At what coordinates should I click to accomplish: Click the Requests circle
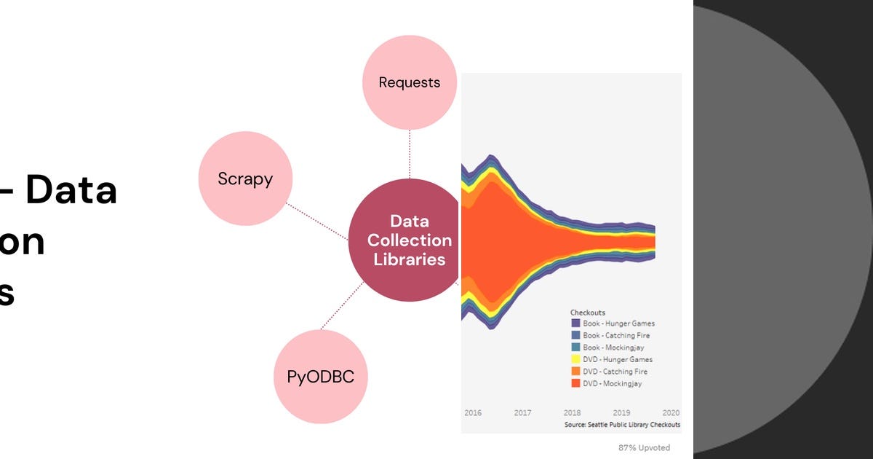pyautogui.click(x=410, y=82)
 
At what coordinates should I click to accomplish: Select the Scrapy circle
pyautogui.click(x=245, y=178)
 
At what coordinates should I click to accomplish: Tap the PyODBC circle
pyautogui.click(x=321, y=377)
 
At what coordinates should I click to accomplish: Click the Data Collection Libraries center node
pyautogui.click(x=409, y=240)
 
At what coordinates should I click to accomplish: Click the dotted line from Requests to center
pyautogui.click(x=410, y=154)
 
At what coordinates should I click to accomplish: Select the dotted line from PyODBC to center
pyautogui.click(x=341, y=306)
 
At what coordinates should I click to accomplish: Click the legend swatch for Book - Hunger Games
pyautogui.click(x=575, y=323)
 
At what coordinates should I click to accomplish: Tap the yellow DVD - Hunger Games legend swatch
pyautogui.click(x=575, y=359)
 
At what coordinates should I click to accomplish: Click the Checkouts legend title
pyautogui.click(x=588, y=313)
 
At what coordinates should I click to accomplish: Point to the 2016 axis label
pyautogui.click(x=473, y=412)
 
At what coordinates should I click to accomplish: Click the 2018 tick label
pyautogui.click(x=572, y=412)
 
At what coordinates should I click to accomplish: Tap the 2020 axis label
pyautogui.click(x=670, y=412)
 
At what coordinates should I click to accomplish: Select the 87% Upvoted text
pyautogui.click(x=644, y=447)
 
